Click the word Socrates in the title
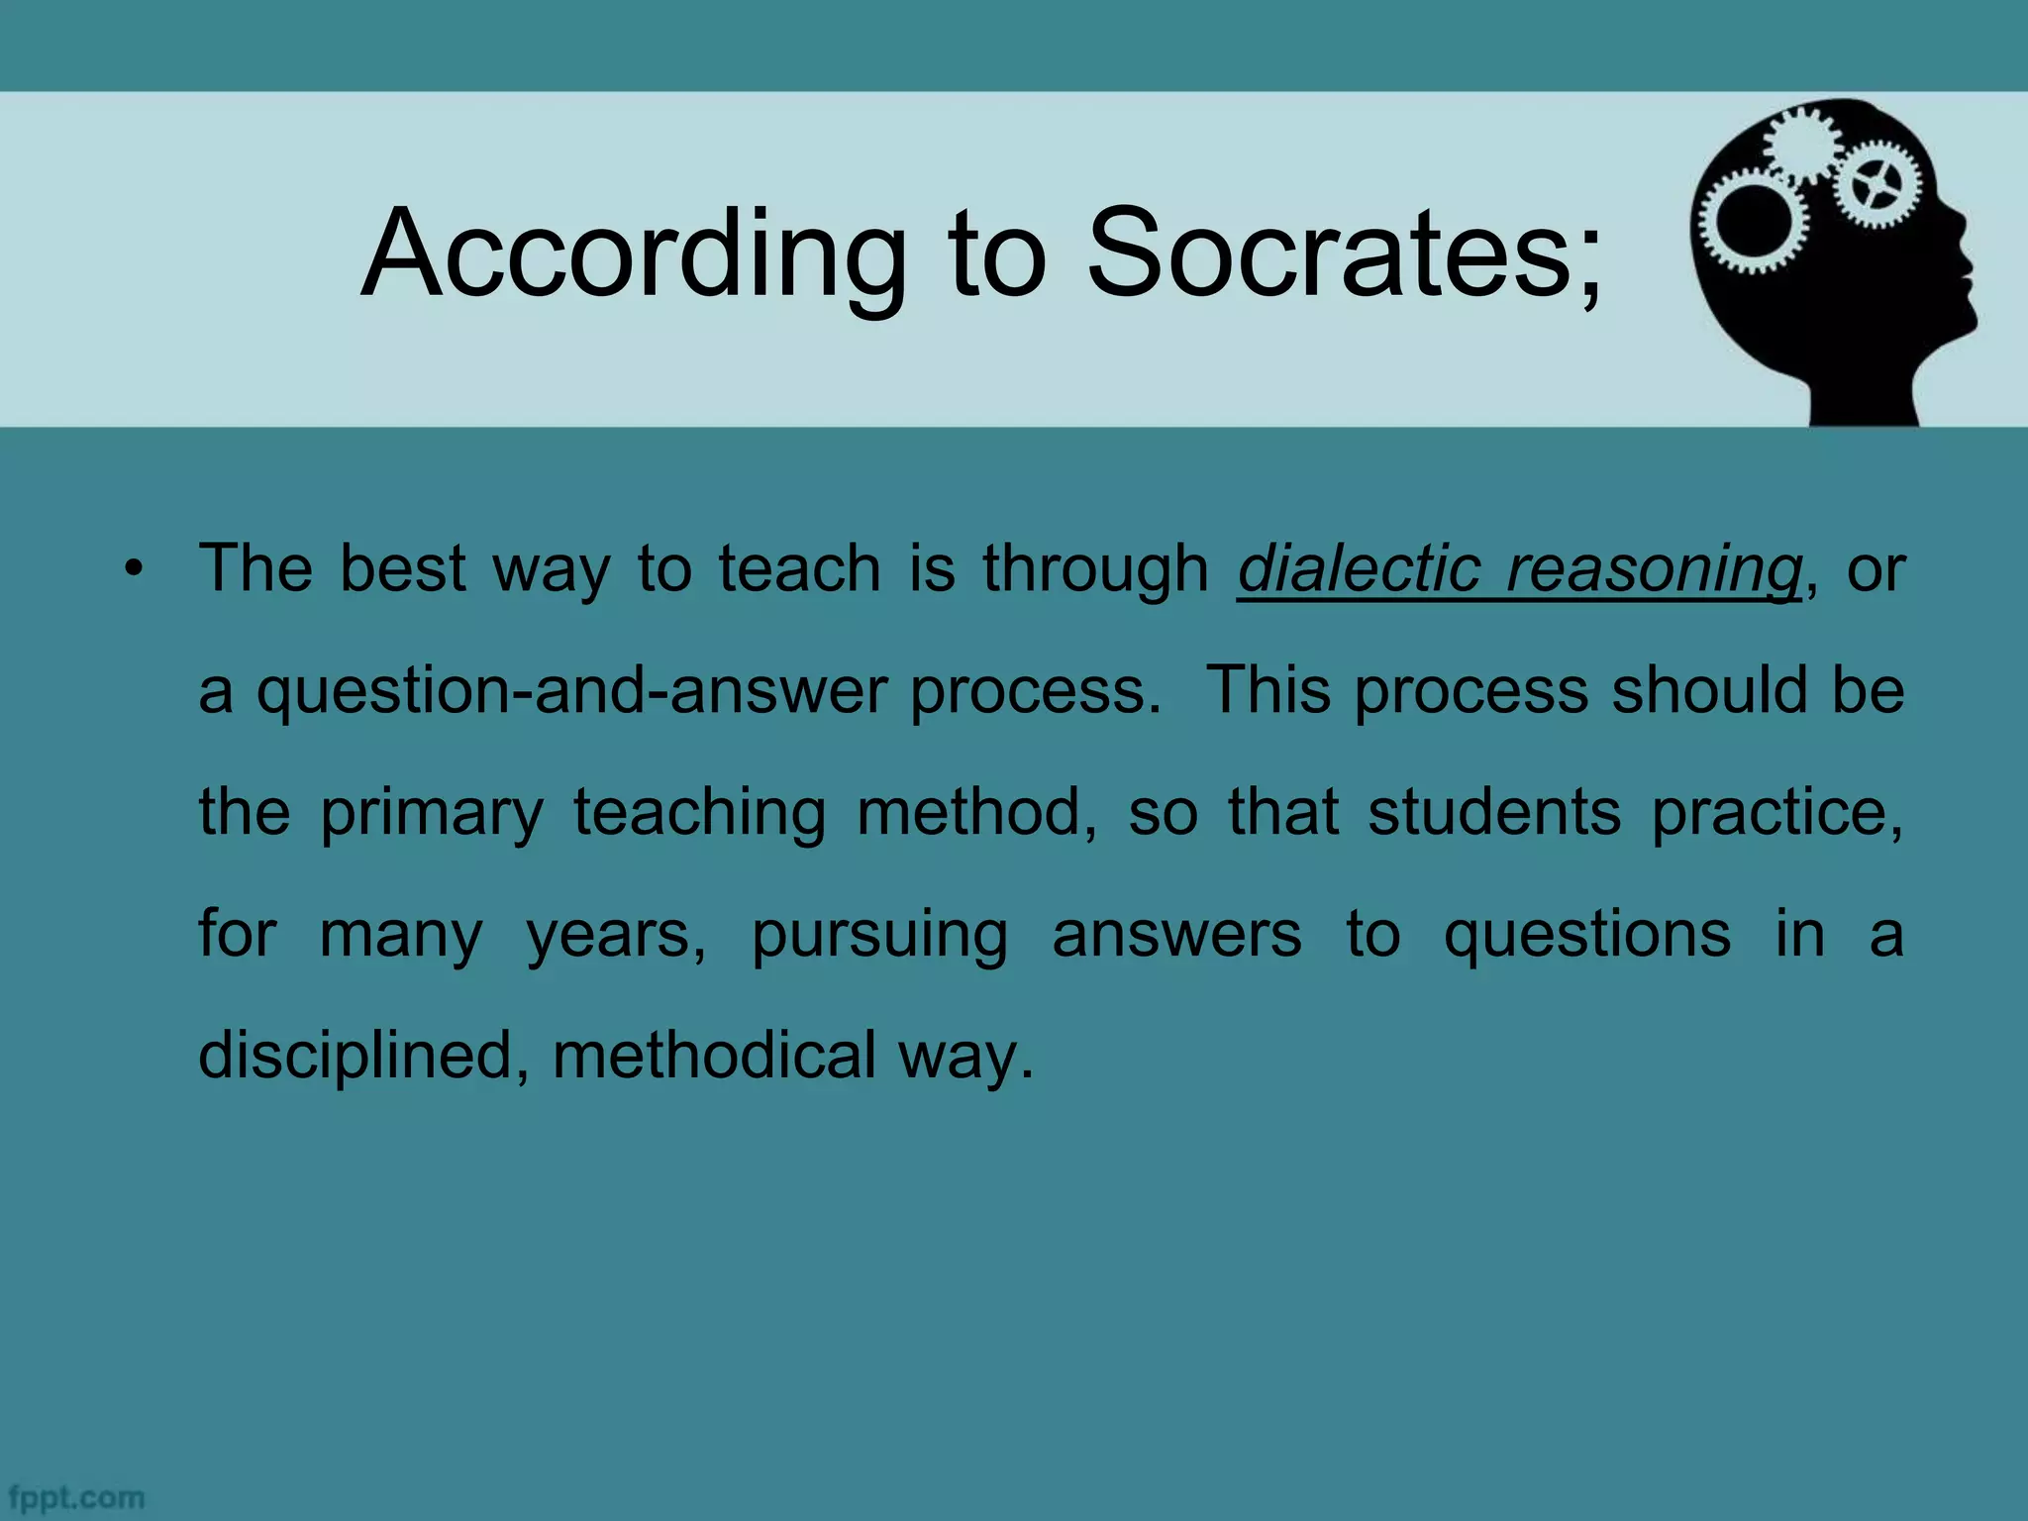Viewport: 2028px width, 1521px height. click(1327, 254)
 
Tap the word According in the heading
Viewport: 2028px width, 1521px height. click(634, 254)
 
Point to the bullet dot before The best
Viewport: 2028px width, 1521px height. click(135, 570)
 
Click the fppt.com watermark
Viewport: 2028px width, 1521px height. click(75, 1497)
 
